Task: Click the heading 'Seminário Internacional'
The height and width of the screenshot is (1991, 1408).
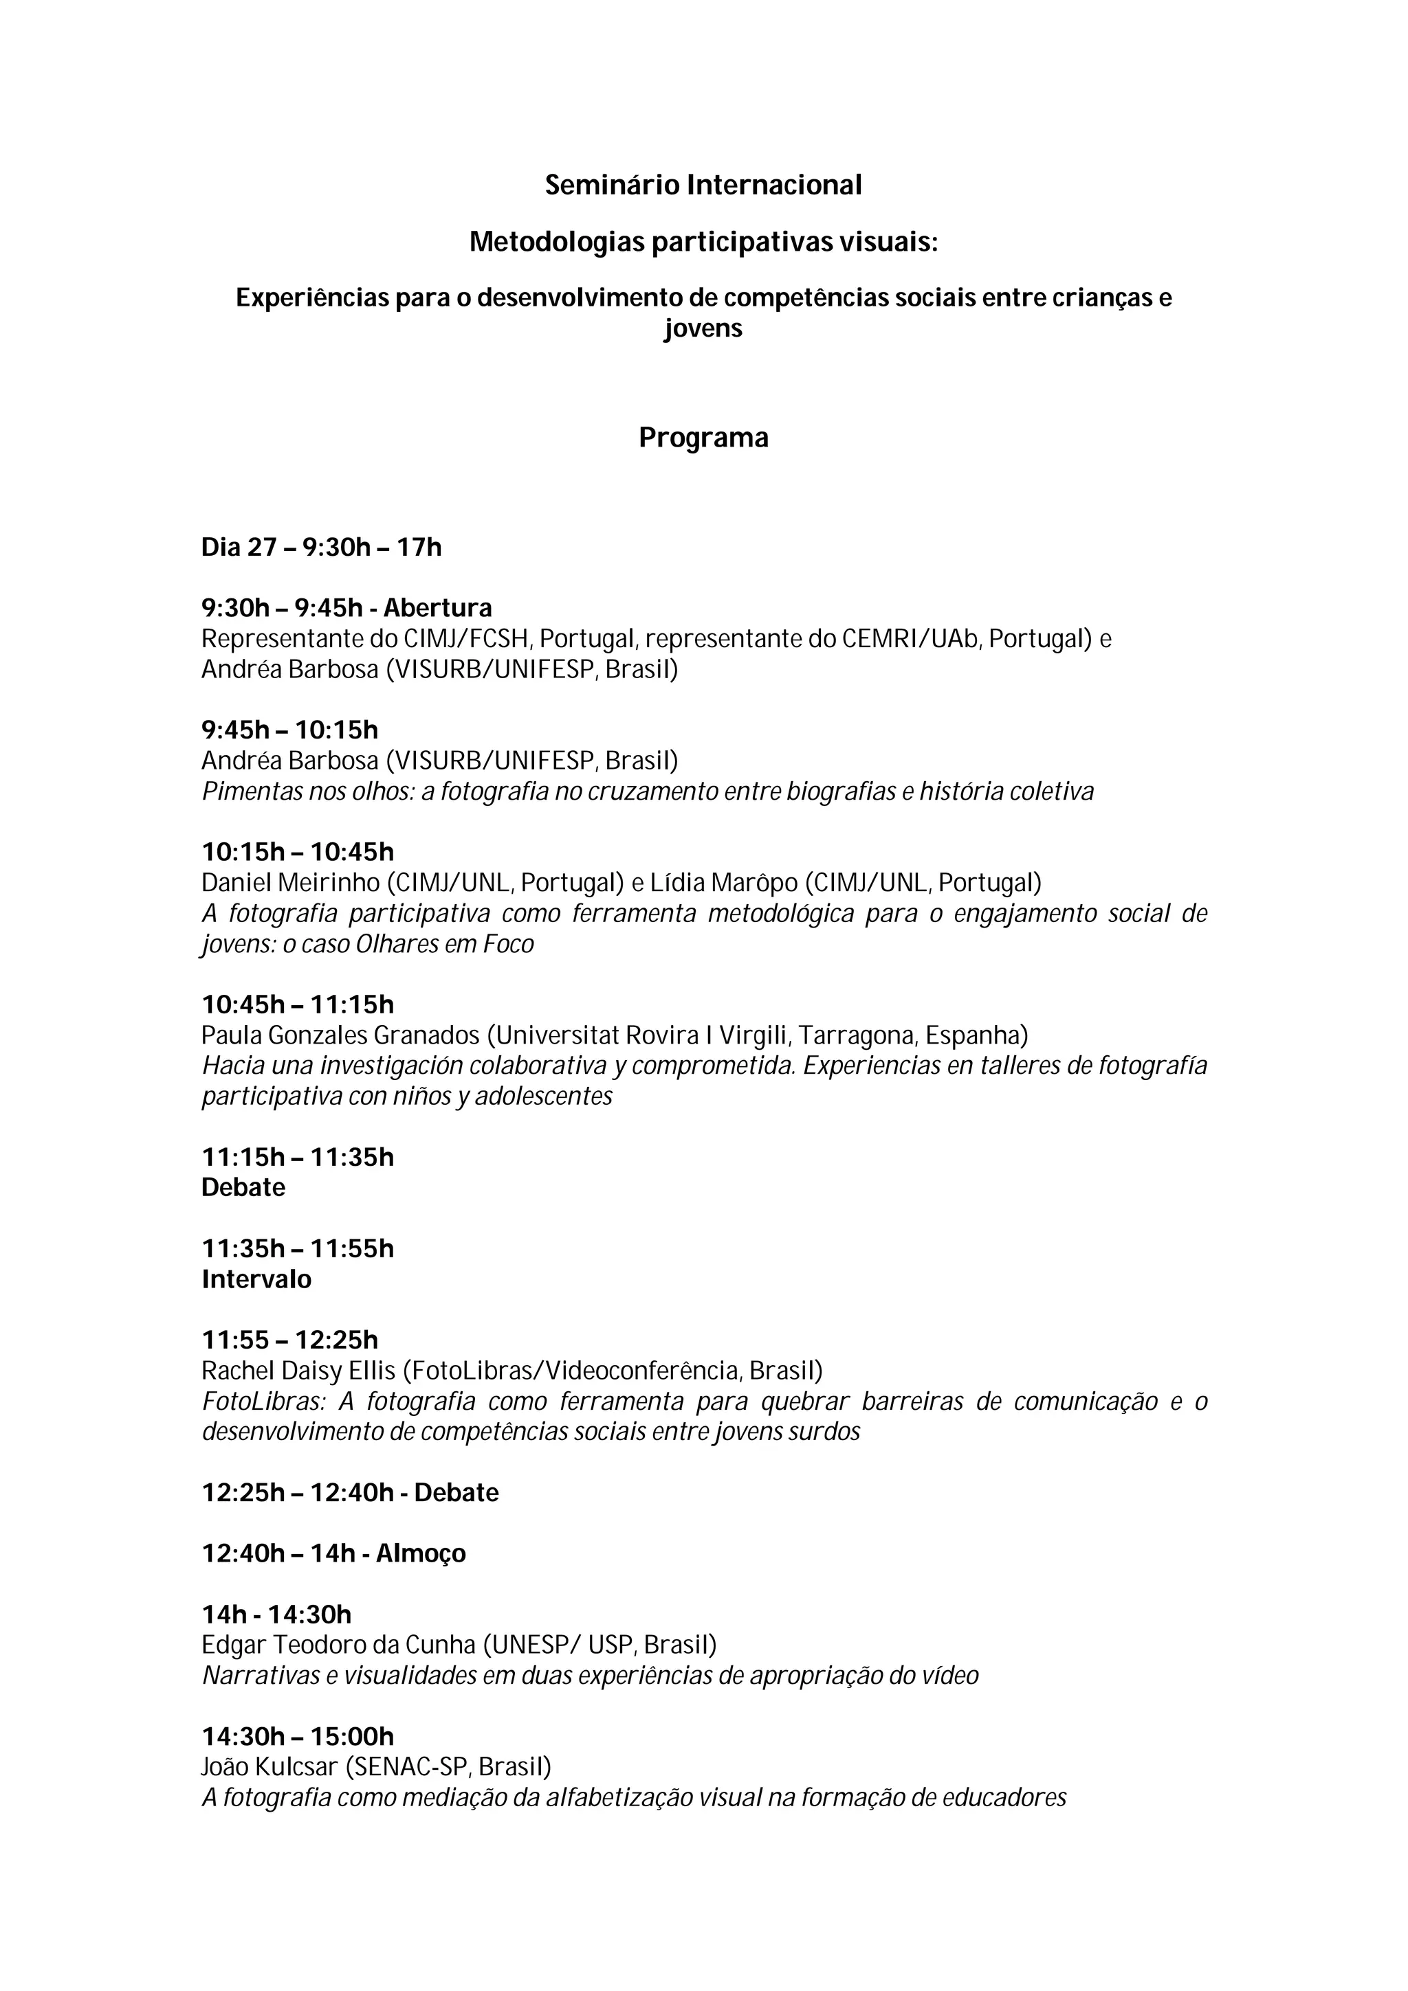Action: tap(703, 185)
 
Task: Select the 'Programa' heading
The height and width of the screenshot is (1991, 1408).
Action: tap(703, 438)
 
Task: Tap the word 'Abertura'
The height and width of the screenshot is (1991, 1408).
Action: tap(437, 608)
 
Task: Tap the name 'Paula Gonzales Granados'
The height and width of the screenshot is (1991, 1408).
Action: tap(340, 1035)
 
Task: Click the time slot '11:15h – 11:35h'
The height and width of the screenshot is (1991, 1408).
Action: tap(298, 1157)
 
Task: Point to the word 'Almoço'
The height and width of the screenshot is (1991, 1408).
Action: tap(421, 1553)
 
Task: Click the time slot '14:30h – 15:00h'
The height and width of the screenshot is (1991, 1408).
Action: tap(298, 1736)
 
